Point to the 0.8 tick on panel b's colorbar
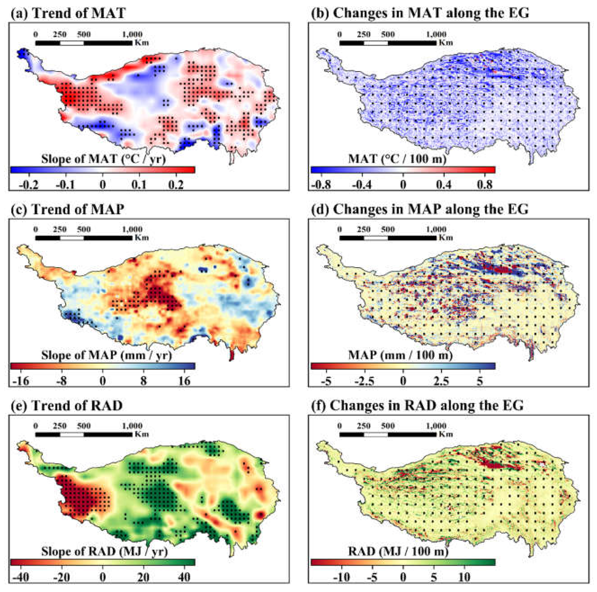point(484,185)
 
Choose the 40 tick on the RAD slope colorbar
point(185,577)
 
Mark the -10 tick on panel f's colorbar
point(342,577)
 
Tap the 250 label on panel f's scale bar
point(363,426)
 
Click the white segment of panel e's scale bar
point(72,434)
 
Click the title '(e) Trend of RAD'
point(67,405)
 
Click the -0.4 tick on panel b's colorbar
point(362,185)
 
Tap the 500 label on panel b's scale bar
point(388,34)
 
